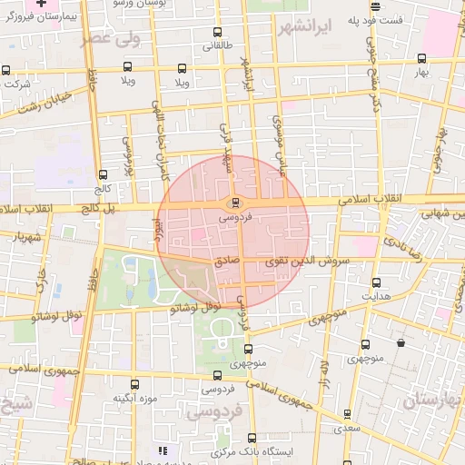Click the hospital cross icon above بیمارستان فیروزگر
40,4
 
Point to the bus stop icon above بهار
420,56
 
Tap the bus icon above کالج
101,174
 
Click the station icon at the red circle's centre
235,202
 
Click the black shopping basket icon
401,343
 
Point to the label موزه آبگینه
135,398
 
